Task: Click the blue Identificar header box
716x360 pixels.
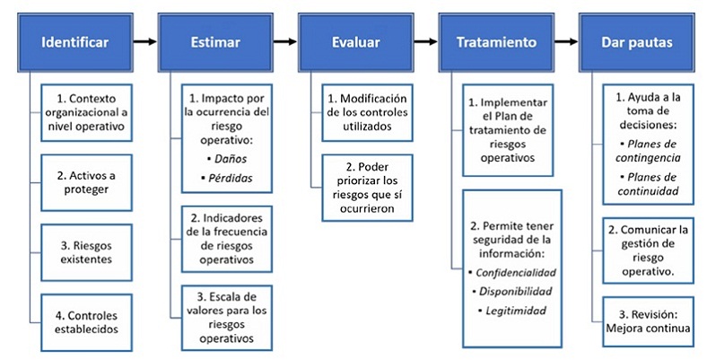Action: coord(74,42)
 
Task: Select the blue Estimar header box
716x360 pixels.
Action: coord(215,42)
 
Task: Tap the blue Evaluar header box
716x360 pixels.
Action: coord(355,42)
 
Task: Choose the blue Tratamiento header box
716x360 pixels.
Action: coord(496,42)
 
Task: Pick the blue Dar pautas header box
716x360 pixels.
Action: coord(638,42)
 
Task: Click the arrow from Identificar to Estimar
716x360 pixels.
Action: coord(144,41)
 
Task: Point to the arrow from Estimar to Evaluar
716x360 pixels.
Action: coord(285,41)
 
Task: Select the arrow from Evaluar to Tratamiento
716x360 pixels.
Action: coord(425,41)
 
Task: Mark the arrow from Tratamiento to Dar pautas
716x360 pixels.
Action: coord(566,41)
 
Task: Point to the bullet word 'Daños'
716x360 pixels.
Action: coord(219,159)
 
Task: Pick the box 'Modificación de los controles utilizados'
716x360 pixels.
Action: coord(368,111)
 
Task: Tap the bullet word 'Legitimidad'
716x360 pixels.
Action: coord(516,311)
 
